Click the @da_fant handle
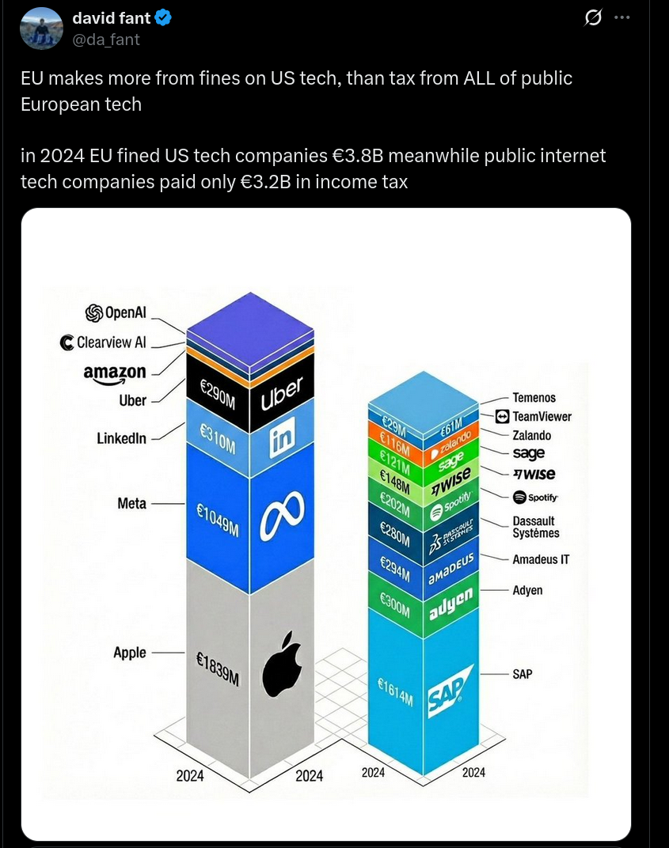coord(106,40)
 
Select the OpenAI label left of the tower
coord(116,312)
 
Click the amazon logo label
coord(116,373)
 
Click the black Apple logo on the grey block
coord(283,664)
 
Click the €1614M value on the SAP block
coord(395,691)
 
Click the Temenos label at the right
coord(534,398)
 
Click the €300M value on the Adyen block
coord(395,604)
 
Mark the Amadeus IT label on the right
coord(541,559)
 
